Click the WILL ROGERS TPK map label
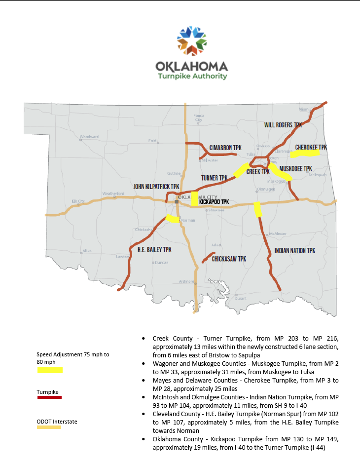pos(283,125)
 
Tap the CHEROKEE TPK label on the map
pos(311,148)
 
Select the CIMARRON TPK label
pos(225,148)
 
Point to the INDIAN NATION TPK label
pos(294,251)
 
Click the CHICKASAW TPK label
pos(229,259)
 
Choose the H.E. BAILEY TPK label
pos(154,250)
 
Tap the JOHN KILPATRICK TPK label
pos(156,187)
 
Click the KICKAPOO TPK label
pos(214,202)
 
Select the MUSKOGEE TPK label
pos(295,169)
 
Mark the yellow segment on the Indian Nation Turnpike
pos(257,210)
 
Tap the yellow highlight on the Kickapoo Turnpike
pos(195,198)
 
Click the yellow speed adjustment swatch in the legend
pos(50,370)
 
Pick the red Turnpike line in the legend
pos(50,397)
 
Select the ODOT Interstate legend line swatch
pos(49,427)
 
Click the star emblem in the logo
pos(191,41)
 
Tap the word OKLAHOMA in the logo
pos(192,66)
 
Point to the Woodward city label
pos(89,137)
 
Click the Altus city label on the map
pos(87,251)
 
